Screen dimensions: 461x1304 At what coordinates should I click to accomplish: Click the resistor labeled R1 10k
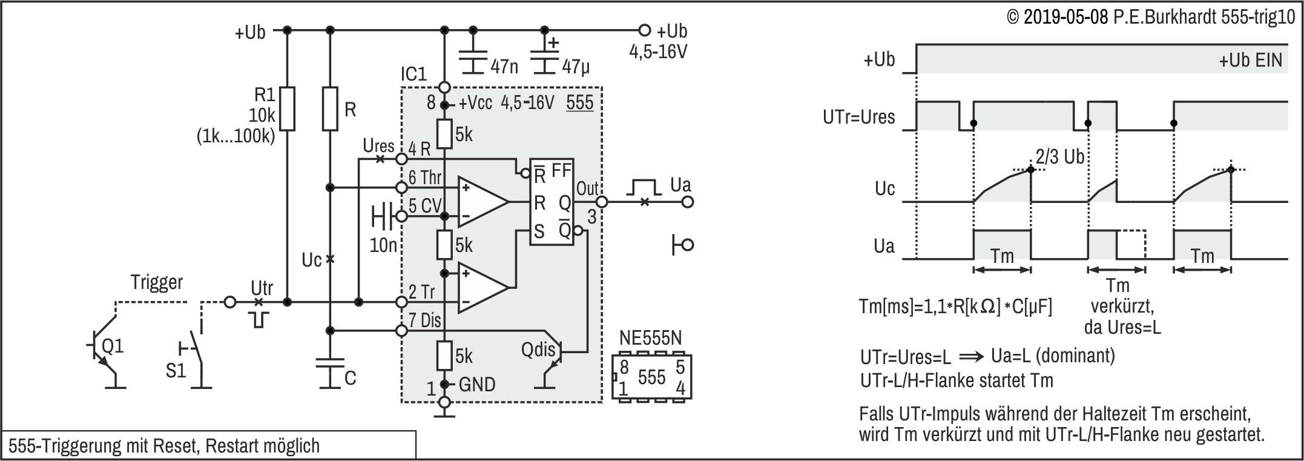(x=288, y=109)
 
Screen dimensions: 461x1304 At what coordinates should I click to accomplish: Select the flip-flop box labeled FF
(x=552, y=202)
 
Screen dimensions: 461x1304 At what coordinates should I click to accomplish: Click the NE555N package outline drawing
(x=651, y=376)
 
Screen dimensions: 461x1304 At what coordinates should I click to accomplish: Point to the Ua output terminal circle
(x=687, y=202)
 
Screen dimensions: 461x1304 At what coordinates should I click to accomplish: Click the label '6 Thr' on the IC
(x=425, y=177)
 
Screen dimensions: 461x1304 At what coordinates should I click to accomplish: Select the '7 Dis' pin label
(x=424, y=320)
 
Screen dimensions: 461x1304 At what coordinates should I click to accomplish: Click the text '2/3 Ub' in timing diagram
(x=1059, y=156)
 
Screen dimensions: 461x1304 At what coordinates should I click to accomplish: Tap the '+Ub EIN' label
(x=1250, y=61)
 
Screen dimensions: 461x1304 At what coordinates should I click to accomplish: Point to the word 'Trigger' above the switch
(x=157, y=282)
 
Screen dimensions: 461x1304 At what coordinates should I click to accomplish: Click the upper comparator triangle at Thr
(x=481, y=202)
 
